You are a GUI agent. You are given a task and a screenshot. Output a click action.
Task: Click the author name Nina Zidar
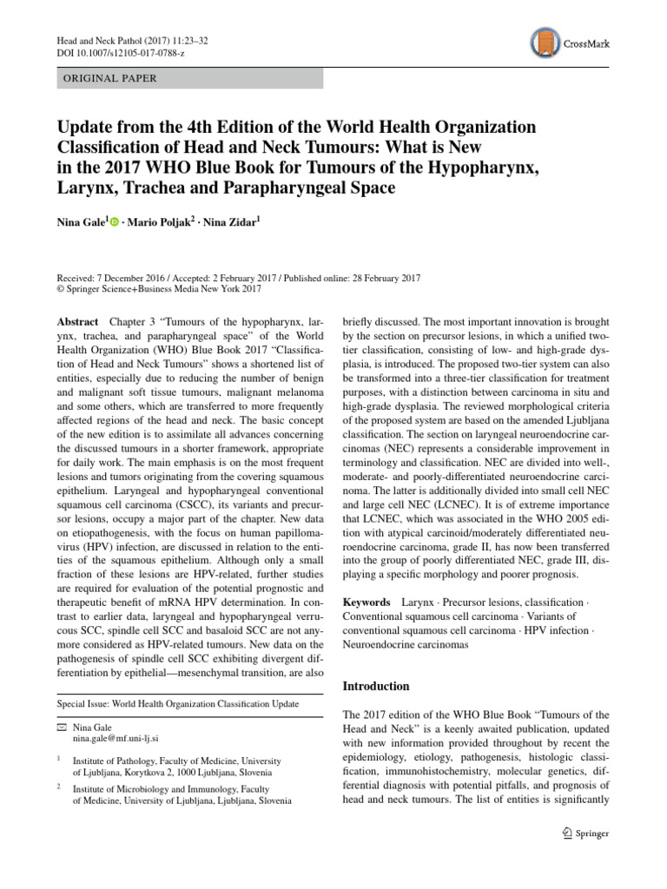234,222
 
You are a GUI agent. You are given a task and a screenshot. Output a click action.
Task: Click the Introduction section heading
377,686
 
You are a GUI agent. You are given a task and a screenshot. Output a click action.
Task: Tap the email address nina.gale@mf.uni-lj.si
124,739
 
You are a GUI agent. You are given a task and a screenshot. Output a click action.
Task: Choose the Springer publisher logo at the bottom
585,834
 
